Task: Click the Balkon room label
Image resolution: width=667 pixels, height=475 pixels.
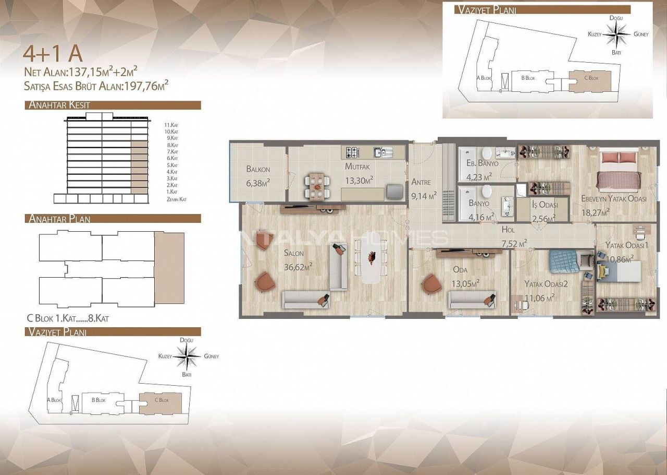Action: [x=258, y=169]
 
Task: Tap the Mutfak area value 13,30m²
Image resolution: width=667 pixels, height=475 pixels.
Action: [x=359, y=180]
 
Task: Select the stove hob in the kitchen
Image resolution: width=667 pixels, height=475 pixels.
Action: [x=353, y=152]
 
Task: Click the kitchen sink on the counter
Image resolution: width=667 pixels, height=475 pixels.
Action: [x=383, y=152]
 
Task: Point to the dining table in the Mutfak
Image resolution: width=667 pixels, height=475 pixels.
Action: [x=317, y=186]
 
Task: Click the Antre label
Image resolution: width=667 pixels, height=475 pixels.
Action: [x=421, y=182]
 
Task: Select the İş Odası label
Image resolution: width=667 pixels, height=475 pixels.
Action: [x=545, y=205]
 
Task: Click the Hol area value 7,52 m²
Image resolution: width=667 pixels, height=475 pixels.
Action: [x=514, y=243]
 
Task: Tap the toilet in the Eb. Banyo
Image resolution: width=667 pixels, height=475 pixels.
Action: [x=487, y=153]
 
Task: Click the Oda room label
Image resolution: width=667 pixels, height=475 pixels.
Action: [x=460, y=270]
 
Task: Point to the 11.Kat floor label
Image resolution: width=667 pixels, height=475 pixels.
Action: [x=171, y=125]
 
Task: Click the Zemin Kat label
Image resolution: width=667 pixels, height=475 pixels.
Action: [x=177, y=199]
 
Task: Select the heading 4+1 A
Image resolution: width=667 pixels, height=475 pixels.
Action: [x=53, y=54]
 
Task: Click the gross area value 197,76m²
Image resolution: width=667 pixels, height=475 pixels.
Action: [x=146, y=86]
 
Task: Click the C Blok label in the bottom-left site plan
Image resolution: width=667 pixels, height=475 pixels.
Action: [x=162, y=400]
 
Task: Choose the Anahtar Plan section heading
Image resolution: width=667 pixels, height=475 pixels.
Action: [x=59, y=219]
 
